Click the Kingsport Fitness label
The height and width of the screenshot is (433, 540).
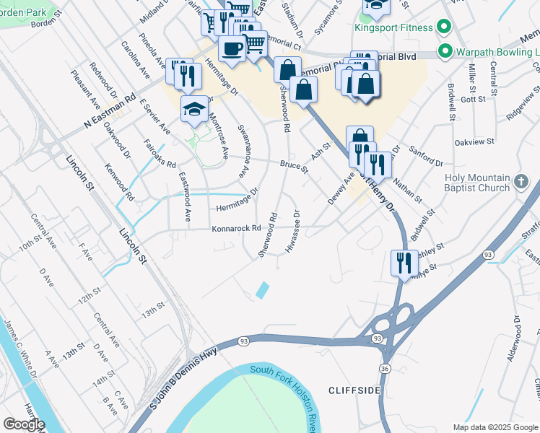click(393, 28)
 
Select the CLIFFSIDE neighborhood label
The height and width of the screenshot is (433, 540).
click(354, 390)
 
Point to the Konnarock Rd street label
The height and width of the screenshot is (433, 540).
click(235, 229)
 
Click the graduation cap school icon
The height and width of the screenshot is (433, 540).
click(193, 108)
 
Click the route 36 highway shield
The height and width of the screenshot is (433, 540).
click(383, 369)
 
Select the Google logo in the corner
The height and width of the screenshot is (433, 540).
click(24, 424)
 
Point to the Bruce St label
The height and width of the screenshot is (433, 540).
click(294, 167)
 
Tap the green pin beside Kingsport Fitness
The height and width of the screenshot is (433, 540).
click(445, 28)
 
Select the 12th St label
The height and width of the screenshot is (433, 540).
click(89, 297)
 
